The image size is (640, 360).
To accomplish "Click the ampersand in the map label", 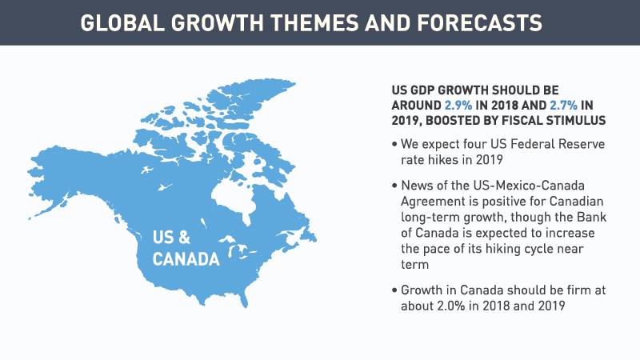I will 183,237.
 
